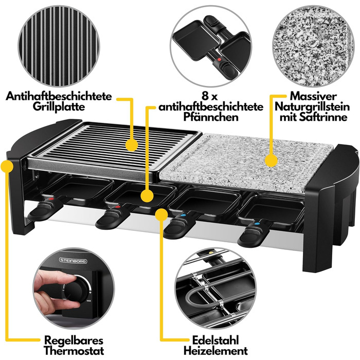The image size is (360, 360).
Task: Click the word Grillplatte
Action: click(x=59, y=107)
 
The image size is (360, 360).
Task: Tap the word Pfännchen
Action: click(x=211, y=117)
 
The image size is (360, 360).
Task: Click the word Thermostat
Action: click(x=74, y=351)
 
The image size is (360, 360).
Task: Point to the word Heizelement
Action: click(x=215, y=351)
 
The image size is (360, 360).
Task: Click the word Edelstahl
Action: click(x=215, y=340)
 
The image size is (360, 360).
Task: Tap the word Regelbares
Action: click(x=74, y=340)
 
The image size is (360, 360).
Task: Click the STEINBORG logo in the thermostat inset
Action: click(x=73, y=261)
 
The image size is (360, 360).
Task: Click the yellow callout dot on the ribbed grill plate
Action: click(x=132, y=145)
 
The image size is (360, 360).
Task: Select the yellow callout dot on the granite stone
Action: click(x=271, y=160)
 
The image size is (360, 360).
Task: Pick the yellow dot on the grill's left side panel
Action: click(x=7, y=166)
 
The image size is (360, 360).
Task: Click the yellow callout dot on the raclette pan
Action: click(x=147, y=196)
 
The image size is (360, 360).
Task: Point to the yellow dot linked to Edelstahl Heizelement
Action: click(x=161, y=214)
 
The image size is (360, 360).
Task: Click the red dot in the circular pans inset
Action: click(x=219, y=60)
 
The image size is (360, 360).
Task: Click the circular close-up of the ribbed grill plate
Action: click(x=59, y=46)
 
